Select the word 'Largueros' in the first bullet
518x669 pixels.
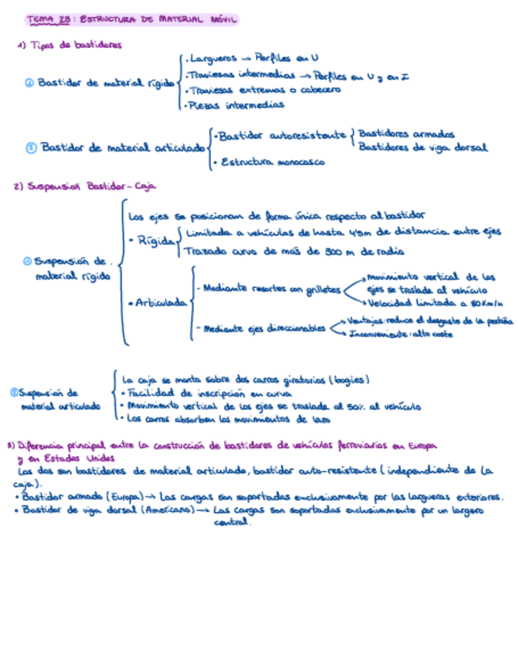210,58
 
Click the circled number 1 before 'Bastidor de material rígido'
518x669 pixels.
29,82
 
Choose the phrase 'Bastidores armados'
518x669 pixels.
406,134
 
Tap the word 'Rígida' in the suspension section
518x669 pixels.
155,242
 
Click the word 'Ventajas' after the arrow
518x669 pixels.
366,321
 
